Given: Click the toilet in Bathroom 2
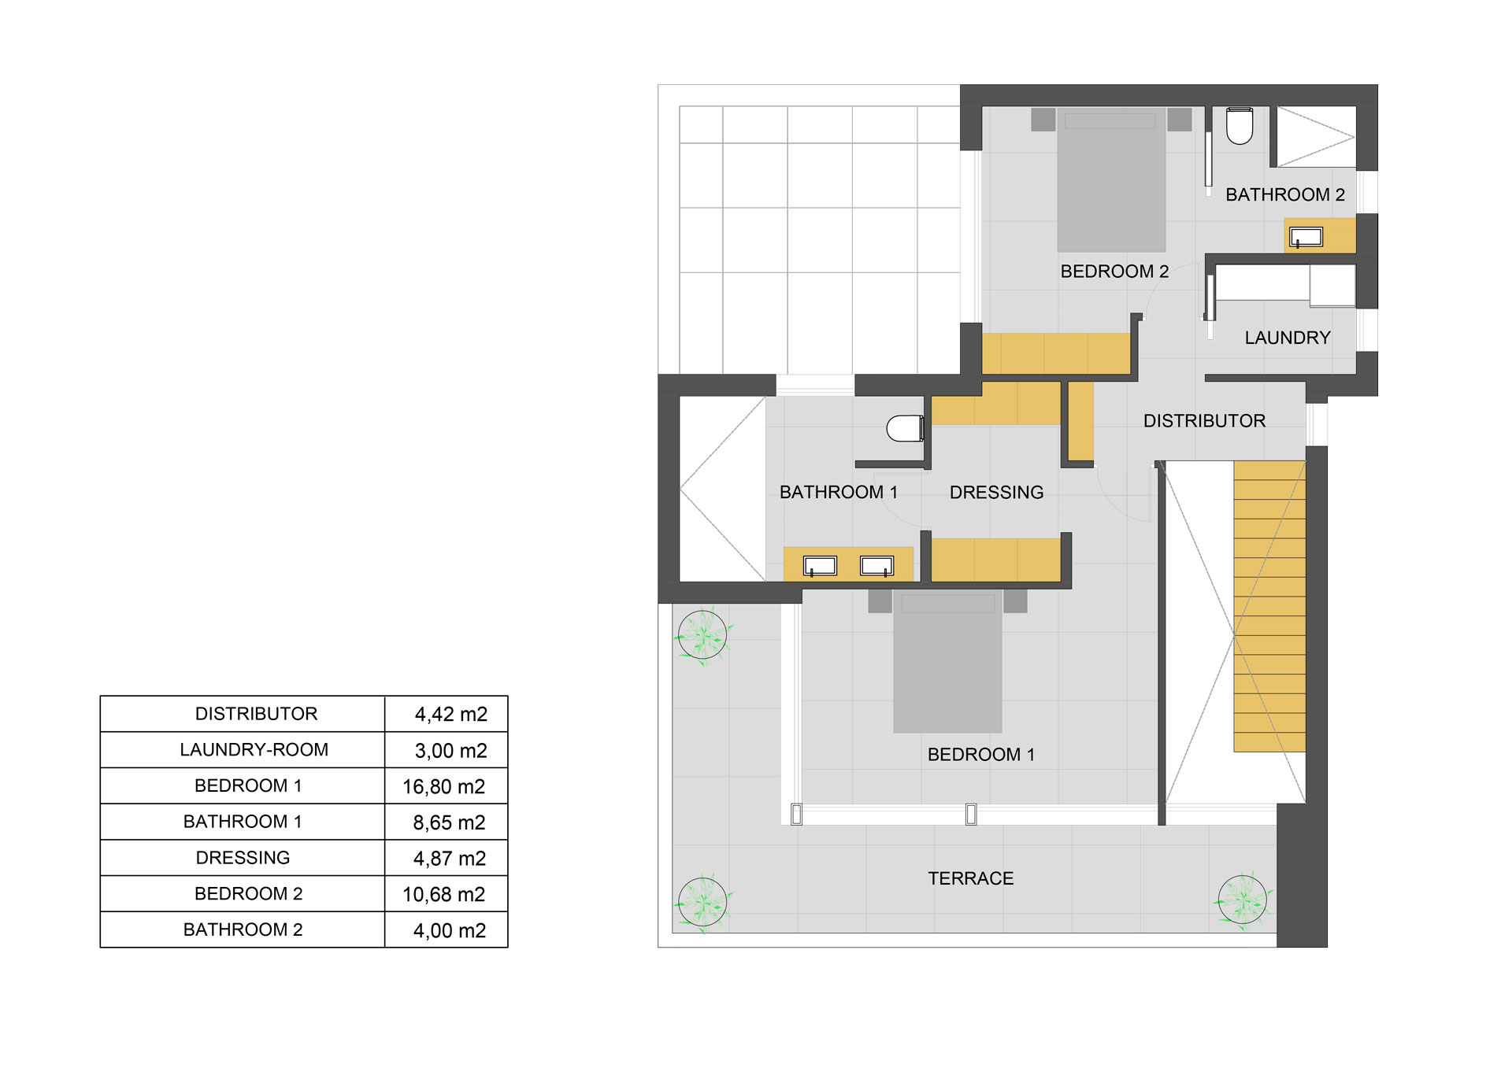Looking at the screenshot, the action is point(1240,127).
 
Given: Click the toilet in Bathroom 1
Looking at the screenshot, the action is point(906,429).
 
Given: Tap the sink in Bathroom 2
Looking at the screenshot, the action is point(1306,237).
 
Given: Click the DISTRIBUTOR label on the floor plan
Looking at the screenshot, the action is point(1204,421).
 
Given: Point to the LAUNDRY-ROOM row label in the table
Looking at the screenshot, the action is point(254,750).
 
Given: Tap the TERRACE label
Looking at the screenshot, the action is point(970,878).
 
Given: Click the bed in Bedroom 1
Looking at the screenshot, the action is point(947,661).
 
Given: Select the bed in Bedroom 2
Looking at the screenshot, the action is point(1111,180).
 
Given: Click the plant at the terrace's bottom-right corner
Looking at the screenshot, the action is point(1242,900).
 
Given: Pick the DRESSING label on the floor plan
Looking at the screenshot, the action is point(996,493).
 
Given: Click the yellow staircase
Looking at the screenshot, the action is point(1269,606).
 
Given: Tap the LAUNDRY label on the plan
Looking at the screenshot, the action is point(1288,338).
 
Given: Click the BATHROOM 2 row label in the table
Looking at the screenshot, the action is point(243,929).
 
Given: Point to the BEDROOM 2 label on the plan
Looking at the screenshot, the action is point(1114,272).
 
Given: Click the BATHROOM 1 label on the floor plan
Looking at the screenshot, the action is point(838,493).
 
